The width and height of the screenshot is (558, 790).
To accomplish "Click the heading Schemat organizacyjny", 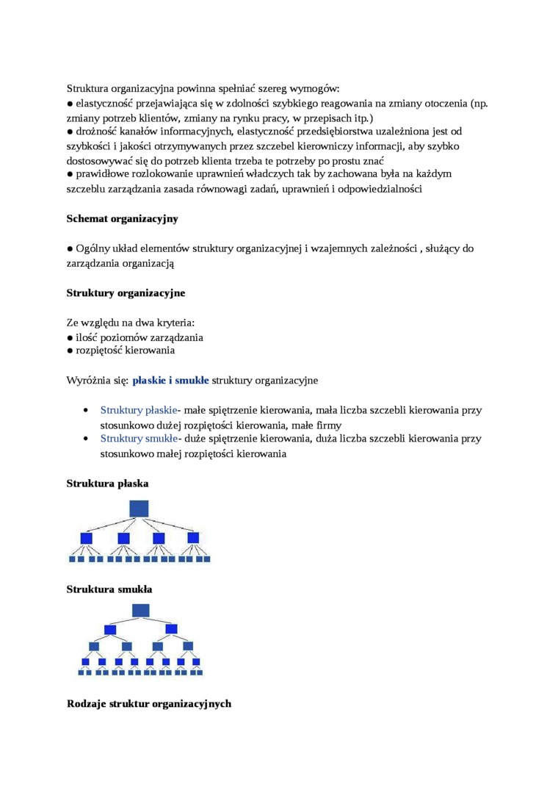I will tap(122, 218).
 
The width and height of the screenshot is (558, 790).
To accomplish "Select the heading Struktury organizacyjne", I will tap(126, 292).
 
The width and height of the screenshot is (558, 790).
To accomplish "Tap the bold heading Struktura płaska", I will tap(107, 484).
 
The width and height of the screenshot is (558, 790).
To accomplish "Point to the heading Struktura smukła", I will tap(109, 589).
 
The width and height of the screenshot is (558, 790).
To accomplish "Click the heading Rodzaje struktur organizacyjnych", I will tap(149, 704).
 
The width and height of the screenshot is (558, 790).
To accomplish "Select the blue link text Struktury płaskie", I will tap(139, 409).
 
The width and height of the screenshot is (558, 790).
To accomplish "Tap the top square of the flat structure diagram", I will tap(139, 508).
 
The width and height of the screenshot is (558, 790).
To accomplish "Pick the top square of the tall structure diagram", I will tap(140, 610).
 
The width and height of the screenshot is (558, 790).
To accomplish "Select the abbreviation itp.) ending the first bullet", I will tap(361, 118).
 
